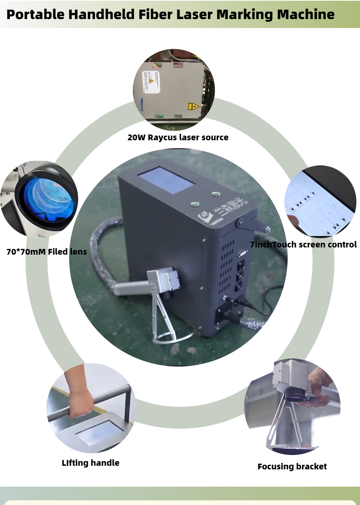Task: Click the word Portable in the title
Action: [35, 14]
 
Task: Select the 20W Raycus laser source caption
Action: [178, 137]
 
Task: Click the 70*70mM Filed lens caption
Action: [46, 252]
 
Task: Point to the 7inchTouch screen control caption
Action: [303, 245]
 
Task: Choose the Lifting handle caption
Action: [90, 463]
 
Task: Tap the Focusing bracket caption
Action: [292, 467]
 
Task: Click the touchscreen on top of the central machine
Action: [166, 179]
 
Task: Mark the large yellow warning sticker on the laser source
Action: [193, 106]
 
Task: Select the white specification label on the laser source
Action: [151, 82]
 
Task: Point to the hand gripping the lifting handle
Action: [80, 403]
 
